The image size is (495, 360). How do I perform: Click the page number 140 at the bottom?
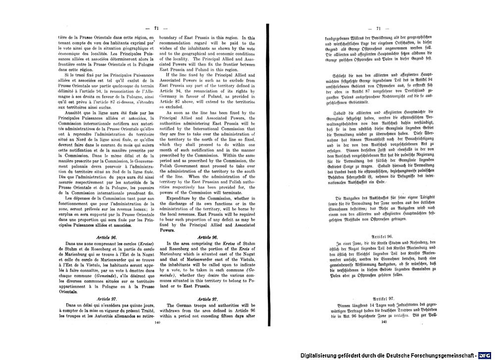(158, 322)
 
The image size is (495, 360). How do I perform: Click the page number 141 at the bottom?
(384, 322)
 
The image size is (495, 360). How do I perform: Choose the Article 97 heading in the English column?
(208, 300)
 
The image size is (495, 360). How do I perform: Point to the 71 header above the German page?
(380, 29)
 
